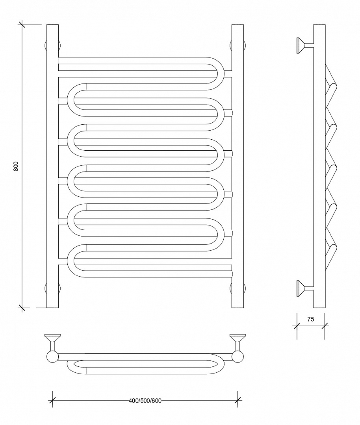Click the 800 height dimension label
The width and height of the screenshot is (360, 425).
(16, 166)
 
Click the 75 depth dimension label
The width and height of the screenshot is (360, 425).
(311, 319)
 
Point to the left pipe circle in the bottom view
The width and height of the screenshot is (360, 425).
(52, 357)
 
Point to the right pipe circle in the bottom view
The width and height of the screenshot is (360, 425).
(238, 357)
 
